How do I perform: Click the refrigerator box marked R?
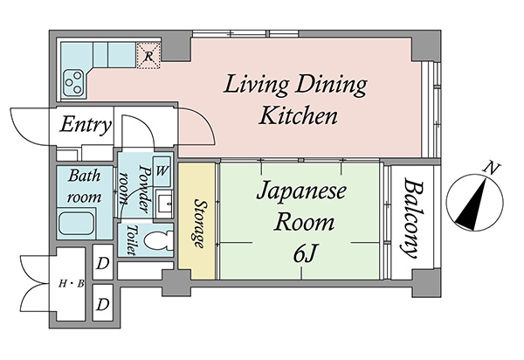coord(148,56)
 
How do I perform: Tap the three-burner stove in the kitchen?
coord(74,82)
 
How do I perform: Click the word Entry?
coord(85,125)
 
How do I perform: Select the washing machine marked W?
coord(162,171)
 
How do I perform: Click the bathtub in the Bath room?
coord(77,223)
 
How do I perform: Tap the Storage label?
coord(199,224)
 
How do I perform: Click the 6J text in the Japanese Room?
coord(304,253)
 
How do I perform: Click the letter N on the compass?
coord(491,168)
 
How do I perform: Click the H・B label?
coord(72,284)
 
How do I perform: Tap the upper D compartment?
coord(102,263)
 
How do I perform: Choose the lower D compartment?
coord(102,303)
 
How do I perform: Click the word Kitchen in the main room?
coord(298,115)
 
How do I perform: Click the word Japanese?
coord(302,192)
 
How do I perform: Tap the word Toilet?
coord(132,239)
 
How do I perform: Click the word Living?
coord(256,84)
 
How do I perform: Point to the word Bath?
coord(84,176)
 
